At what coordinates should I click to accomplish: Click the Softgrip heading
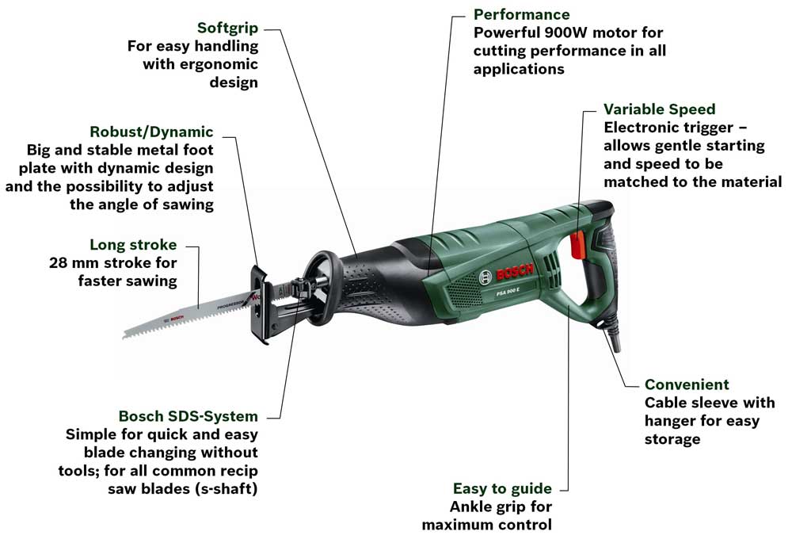click(x=227, y=28)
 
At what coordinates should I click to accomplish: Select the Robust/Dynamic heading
click(x=151, y=132)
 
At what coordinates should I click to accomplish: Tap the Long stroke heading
click(x=133, y=245)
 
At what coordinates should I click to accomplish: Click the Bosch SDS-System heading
click(x=188, y=416)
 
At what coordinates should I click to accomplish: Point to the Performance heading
click(x=521, y=14)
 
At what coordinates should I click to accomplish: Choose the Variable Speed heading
click(x=659, y=109)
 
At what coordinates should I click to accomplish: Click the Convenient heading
click(x=687, y=384)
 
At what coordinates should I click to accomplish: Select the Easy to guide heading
click(x=501, y=488)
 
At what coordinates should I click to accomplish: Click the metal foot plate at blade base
click(x=260, y=305)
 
